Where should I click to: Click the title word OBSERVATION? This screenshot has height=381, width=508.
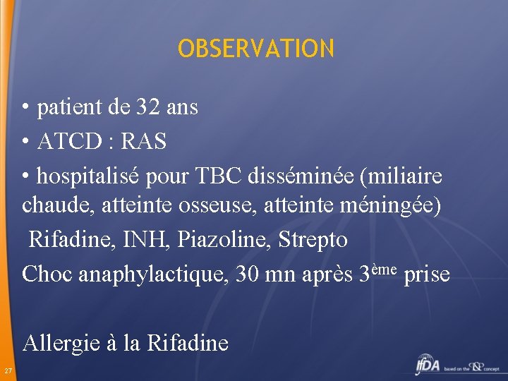click(x=256, y=49)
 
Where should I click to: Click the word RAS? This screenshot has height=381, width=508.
click(x=144, y=142)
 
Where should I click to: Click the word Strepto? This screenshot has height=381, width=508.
click(x=313, y=240)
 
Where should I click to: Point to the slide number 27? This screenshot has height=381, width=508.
click(x=7, y=371)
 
